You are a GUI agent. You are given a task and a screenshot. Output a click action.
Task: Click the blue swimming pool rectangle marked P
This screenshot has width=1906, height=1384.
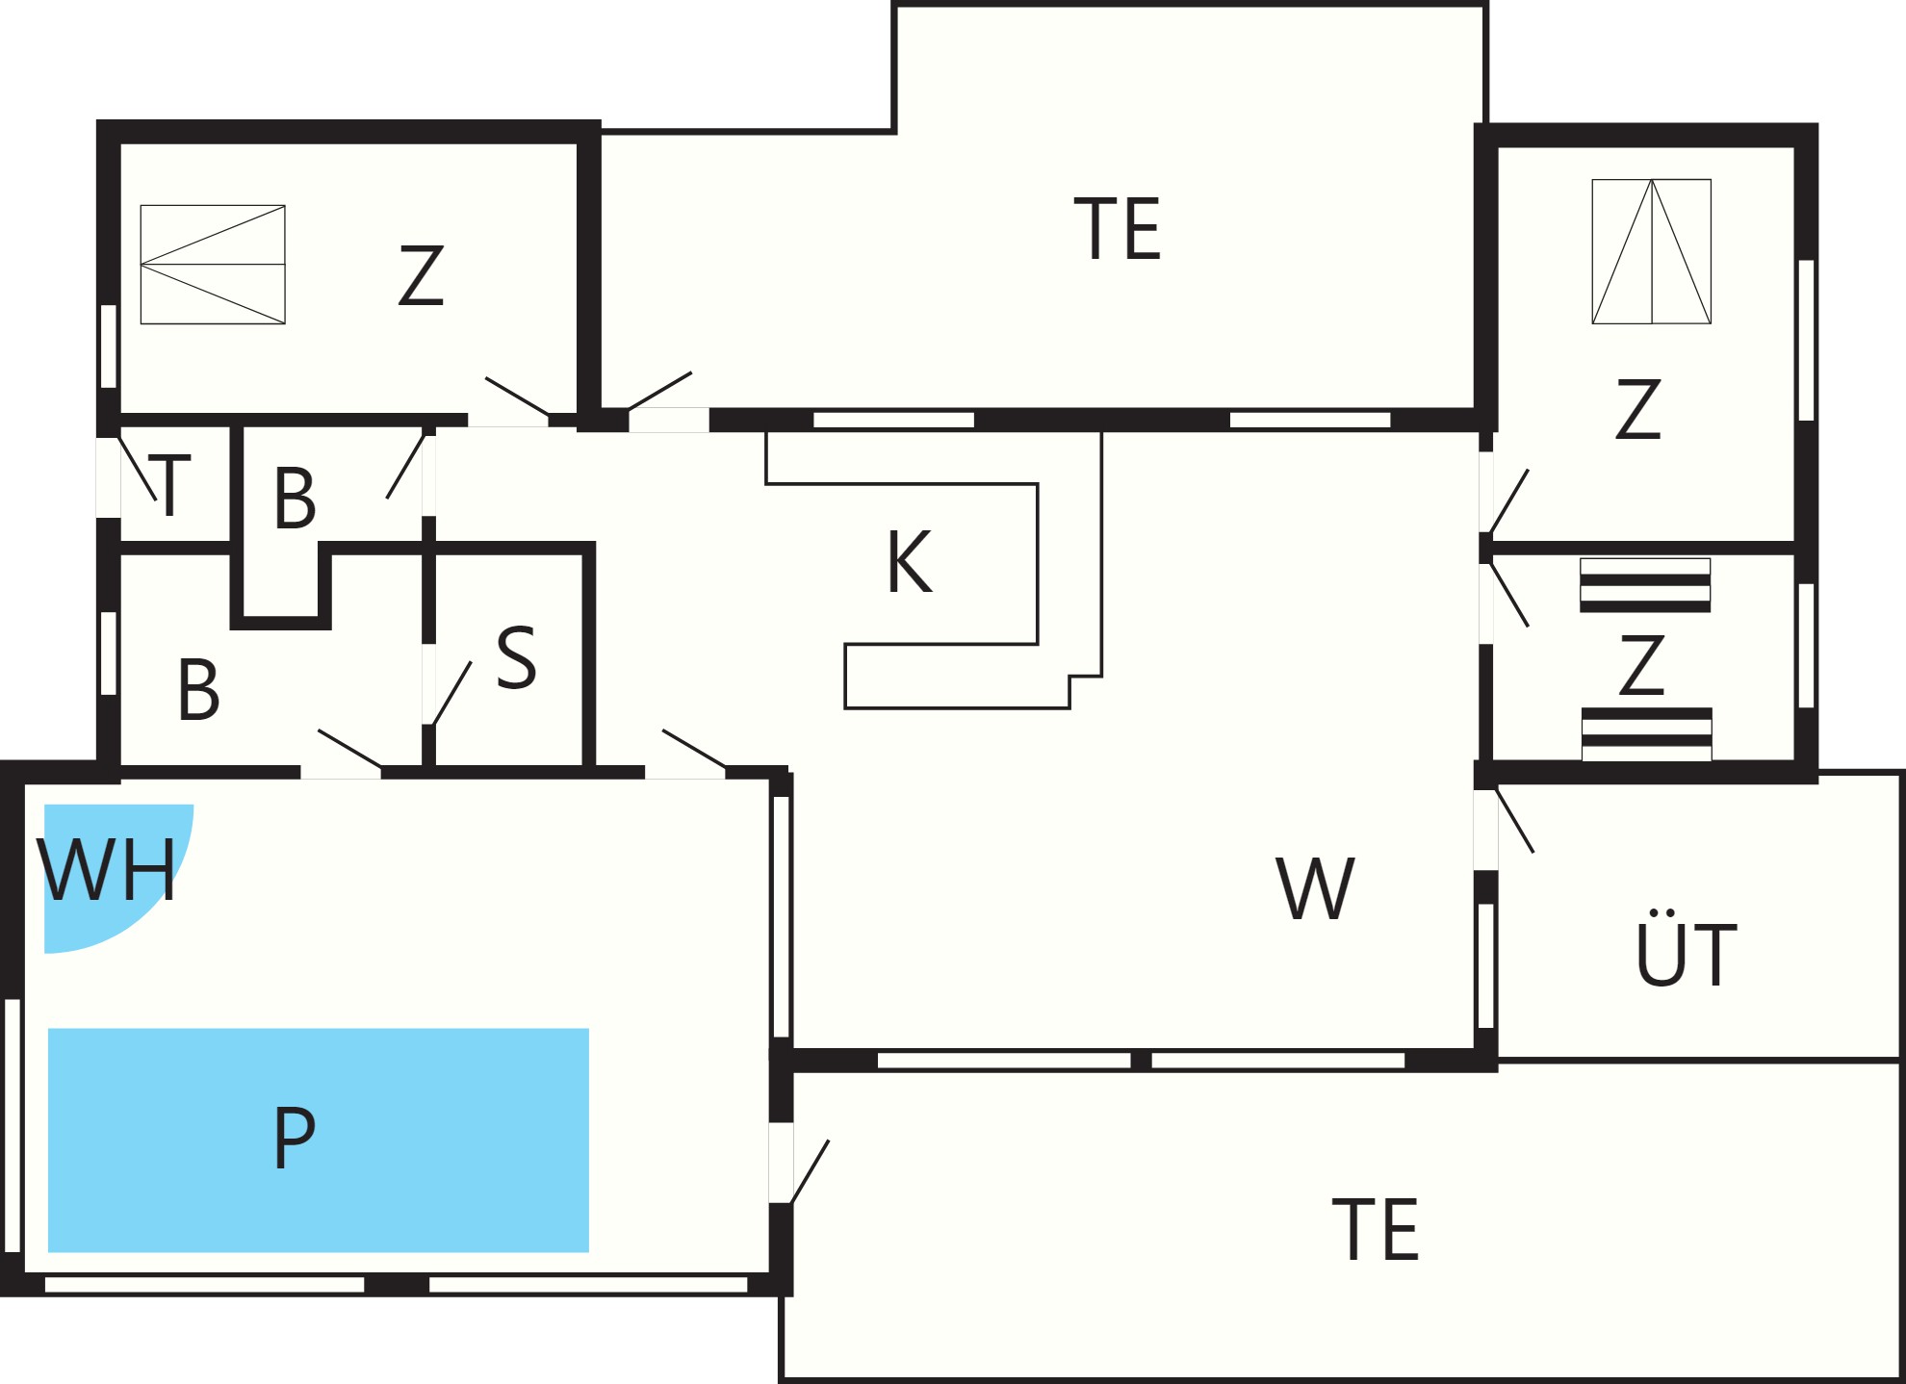click(x=319, y=1141)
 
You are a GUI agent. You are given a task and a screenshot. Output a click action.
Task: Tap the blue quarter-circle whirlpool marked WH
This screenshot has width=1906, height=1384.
click(x=106, y=866)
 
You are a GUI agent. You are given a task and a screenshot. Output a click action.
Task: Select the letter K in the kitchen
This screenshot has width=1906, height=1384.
click(x=910, y=562)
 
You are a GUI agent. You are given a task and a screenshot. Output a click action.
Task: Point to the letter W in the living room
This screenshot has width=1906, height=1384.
click(x=1315, y=888)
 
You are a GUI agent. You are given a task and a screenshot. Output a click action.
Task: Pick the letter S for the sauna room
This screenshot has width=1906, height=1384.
click(x=516, y=657)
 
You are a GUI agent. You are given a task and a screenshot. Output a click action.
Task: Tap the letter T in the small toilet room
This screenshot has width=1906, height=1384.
click(x=170, y=486)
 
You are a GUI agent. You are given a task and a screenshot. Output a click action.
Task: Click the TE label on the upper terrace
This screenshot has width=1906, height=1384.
click(x=1118, y=228)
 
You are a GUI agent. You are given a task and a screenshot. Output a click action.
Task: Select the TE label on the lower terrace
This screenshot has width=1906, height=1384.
click(x=1376, y=1229)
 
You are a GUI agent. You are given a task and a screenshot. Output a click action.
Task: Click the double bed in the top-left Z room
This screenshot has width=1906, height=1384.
click(x=213, y=265)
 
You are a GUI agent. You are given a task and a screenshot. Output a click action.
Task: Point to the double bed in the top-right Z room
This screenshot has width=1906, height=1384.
click(x=1652, y=251)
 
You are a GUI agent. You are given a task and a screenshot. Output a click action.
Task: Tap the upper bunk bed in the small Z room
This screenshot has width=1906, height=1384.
click(x=1645, y=585)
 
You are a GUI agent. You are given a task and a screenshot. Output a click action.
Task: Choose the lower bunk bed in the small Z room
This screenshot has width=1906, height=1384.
click(x=1647, y=734)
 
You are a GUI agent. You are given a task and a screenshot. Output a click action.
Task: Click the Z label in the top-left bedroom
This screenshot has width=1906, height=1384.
click(x=421, y=276)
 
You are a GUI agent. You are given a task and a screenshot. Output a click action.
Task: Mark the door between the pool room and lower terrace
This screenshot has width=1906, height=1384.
click(x=810, y=1171)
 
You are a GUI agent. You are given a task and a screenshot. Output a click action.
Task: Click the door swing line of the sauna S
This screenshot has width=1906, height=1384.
click(x=451, y=693)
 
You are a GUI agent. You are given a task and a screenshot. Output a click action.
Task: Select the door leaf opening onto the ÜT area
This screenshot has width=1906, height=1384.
click(x=1515, y=820)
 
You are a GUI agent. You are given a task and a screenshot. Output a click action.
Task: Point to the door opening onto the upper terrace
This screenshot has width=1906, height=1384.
click(x=659, y=392)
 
